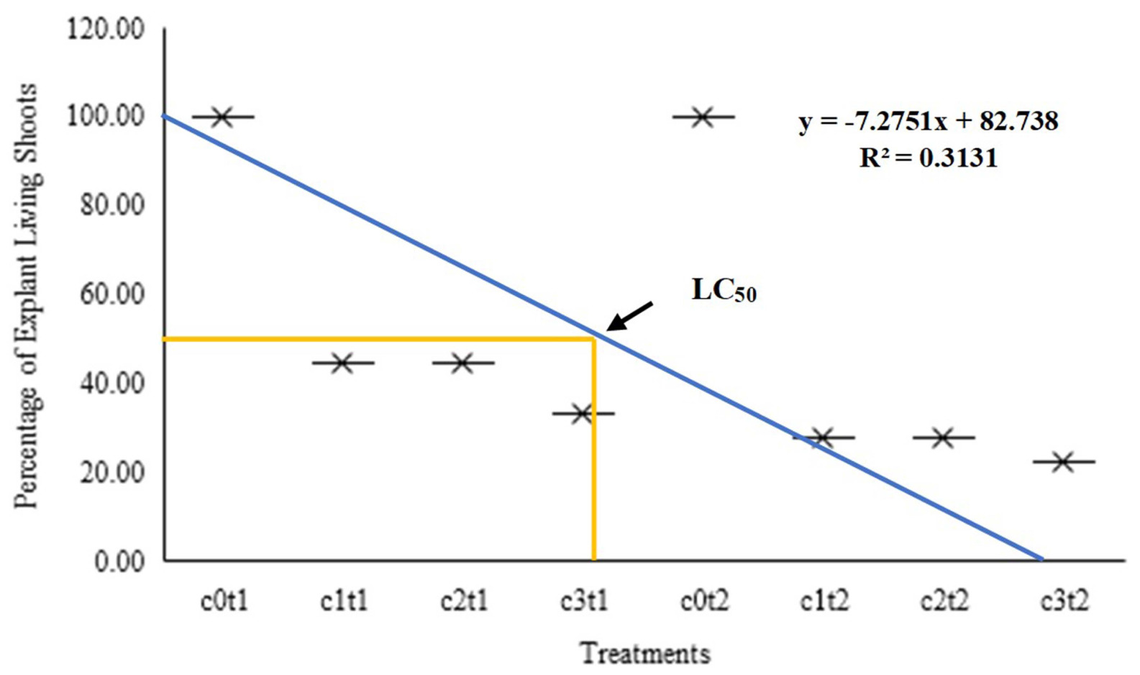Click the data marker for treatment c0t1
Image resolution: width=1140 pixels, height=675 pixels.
223,117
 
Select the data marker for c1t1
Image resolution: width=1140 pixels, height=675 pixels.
343,363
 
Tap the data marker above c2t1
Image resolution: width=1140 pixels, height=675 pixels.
463,363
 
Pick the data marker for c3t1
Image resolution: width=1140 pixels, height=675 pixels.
583,413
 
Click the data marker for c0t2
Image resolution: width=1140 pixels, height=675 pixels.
703,117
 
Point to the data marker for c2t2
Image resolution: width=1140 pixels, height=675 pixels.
944,438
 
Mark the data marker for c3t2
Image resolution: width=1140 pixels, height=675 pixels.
1064,462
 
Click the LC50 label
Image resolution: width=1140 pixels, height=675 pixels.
724,291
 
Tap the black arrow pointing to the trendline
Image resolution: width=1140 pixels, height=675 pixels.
630,317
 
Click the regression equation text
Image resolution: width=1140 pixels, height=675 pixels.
929,122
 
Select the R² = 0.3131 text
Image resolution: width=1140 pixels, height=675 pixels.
929,158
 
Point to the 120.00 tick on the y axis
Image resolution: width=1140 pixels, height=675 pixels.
105,29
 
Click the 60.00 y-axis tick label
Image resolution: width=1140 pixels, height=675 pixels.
112,295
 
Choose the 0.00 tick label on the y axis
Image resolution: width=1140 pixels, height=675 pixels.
119,563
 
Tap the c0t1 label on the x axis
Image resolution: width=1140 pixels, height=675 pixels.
224,601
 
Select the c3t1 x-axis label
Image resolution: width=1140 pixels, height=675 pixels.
584,601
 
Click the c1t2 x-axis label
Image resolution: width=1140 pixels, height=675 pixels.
824,601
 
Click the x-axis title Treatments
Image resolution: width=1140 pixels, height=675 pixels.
645,653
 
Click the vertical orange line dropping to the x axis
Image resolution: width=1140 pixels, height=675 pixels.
593,449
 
